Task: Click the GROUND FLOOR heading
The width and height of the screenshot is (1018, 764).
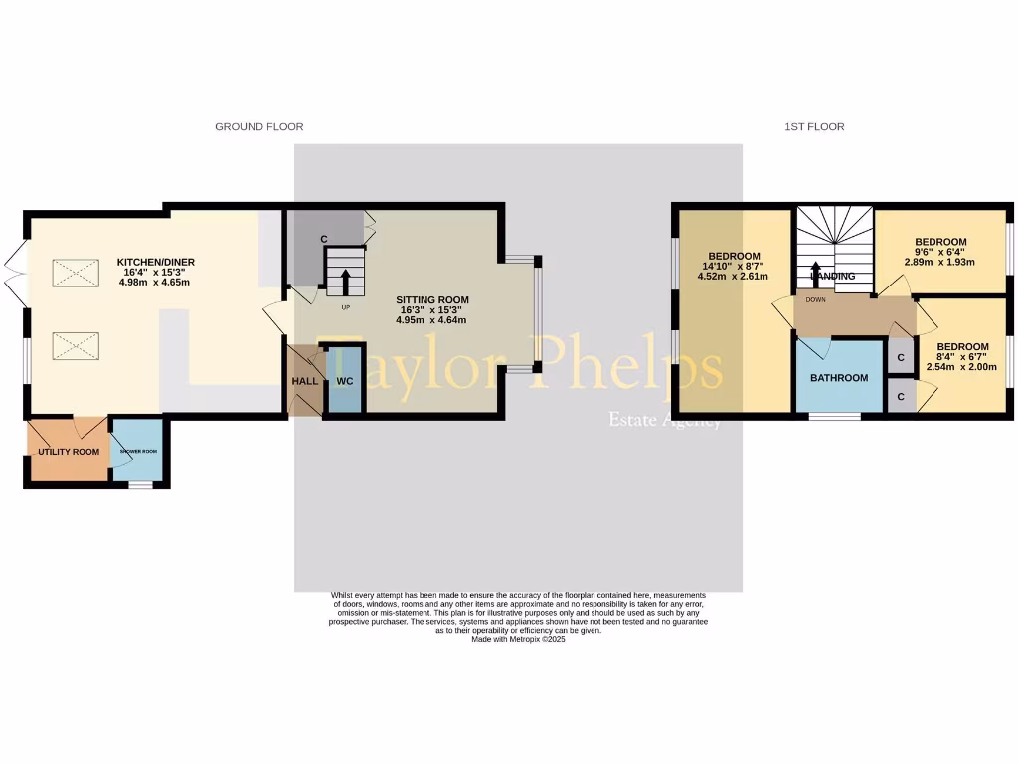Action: [x=258, y=127]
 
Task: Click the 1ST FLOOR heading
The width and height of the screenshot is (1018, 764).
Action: [x=814, y=127]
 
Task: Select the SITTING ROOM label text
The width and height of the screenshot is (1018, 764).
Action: [x=431, y=299]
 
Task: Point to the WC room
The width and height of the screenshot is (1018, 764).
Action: [x=345, y=381]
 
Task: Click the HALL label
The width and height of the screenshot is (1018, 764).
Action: [x=304, y=382]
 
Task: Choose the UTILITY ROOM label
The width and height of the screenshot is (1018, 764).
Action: [x=69, y=452]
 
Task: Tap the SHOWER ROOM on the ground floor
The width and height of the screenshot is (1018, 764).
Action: [x=139, y=451]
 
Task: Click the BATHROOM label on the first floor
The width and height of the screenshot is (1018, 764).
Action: [x=838, y=378]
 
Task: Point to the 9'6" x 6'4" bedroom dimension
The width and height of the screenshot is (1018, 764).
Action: [x=939, y=252]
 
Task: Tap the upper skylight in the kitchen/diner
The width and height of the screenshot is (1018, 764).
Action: [x=76, y=272]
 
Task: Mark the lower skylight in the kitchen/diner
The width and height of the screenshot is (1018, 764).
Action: [x=76, y=345]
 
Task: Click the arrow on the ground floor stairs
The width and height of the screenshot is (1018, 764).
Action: [x=345, y=281]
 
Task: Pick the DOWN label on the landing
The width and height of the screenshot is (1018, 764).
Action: [x=815, y=298]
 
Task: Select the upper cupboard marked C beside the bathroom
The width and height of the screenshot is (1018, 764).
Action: [x=900, y=358]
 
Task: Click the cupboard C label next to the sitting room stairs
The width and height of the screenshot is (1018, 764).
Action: [x=324, y=239]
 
